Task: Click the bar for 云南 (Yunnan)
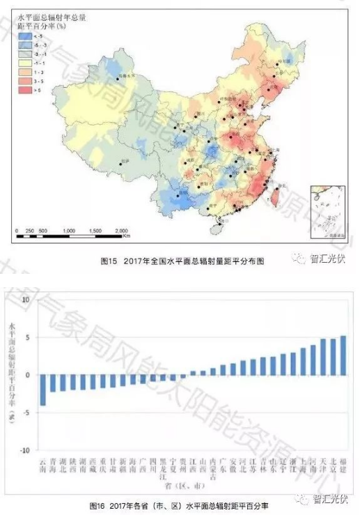(x=42, y=390)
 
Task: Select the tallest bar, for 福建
(x=343, y=355)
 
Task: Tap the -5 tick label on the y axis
(x=26, y=413)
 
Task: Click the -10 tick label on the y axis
(x=26, y=450)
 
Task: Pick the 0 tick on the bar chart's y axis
(x=28, y=375)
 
